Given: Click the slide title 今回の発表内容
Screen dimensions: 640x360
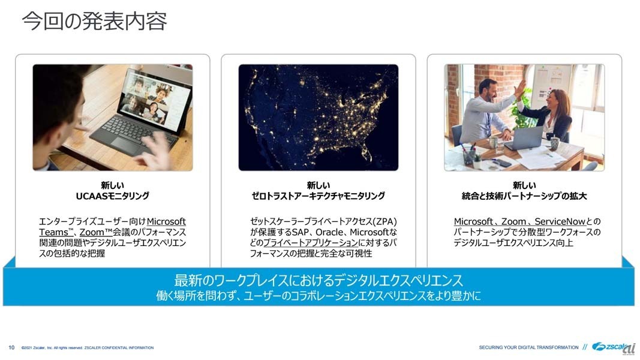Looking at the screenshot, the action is pyautogui.click(x=94, y=21).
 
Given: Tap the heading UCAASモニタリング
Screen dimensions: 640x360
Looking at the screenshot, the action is pyautogui.click(x=113, y=196).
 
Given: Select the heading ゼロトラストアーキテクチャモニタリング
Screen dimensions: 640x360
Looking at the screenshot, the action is pyautogui.click(x=319, y=196).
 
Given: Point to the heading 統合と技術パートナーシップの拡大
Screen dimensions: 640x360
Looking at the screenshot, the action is pyautogui.click(x=524, y=196).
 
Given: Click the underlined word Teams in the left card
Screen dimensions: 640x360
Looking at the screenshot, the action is pyautogui.click(x=53, y=232).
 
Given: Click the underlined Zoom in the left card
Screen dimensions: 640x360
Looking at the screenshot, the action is pyautogui.click(x=92, y=232).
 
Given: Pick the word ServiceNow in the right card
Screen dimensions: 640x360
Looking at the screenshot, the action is pyautogui.click(x=560, y=221).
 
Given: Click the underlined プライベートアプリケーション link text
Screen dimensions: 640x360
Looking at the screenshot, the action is pyautogui.click(x=311, y=243).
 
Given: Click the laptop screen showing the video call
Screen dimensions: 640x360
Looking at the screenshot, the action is pyautogui.click(x=154, y=100).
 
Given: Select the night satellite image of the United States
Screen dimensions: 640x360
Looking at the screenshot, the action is pyautogui.click(x=319, y=118).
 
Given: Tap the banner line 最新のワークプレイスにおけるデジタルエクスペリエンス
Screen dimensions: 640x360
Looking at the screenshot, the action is pyautogui.click(x=319, y=280).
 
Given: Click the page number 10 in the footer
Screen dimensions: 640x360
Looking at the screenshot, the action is pyautogui.click(x=11, y=348).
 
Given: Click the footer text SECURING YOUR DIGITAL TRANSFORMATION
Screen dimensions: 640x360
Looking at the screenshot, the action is pyautogui.click(x=528, y=348).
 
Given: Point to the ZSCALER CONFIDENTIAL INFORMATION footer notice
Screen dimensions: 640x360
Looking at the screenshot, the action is pyautogui.click(x=119, y=348).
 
